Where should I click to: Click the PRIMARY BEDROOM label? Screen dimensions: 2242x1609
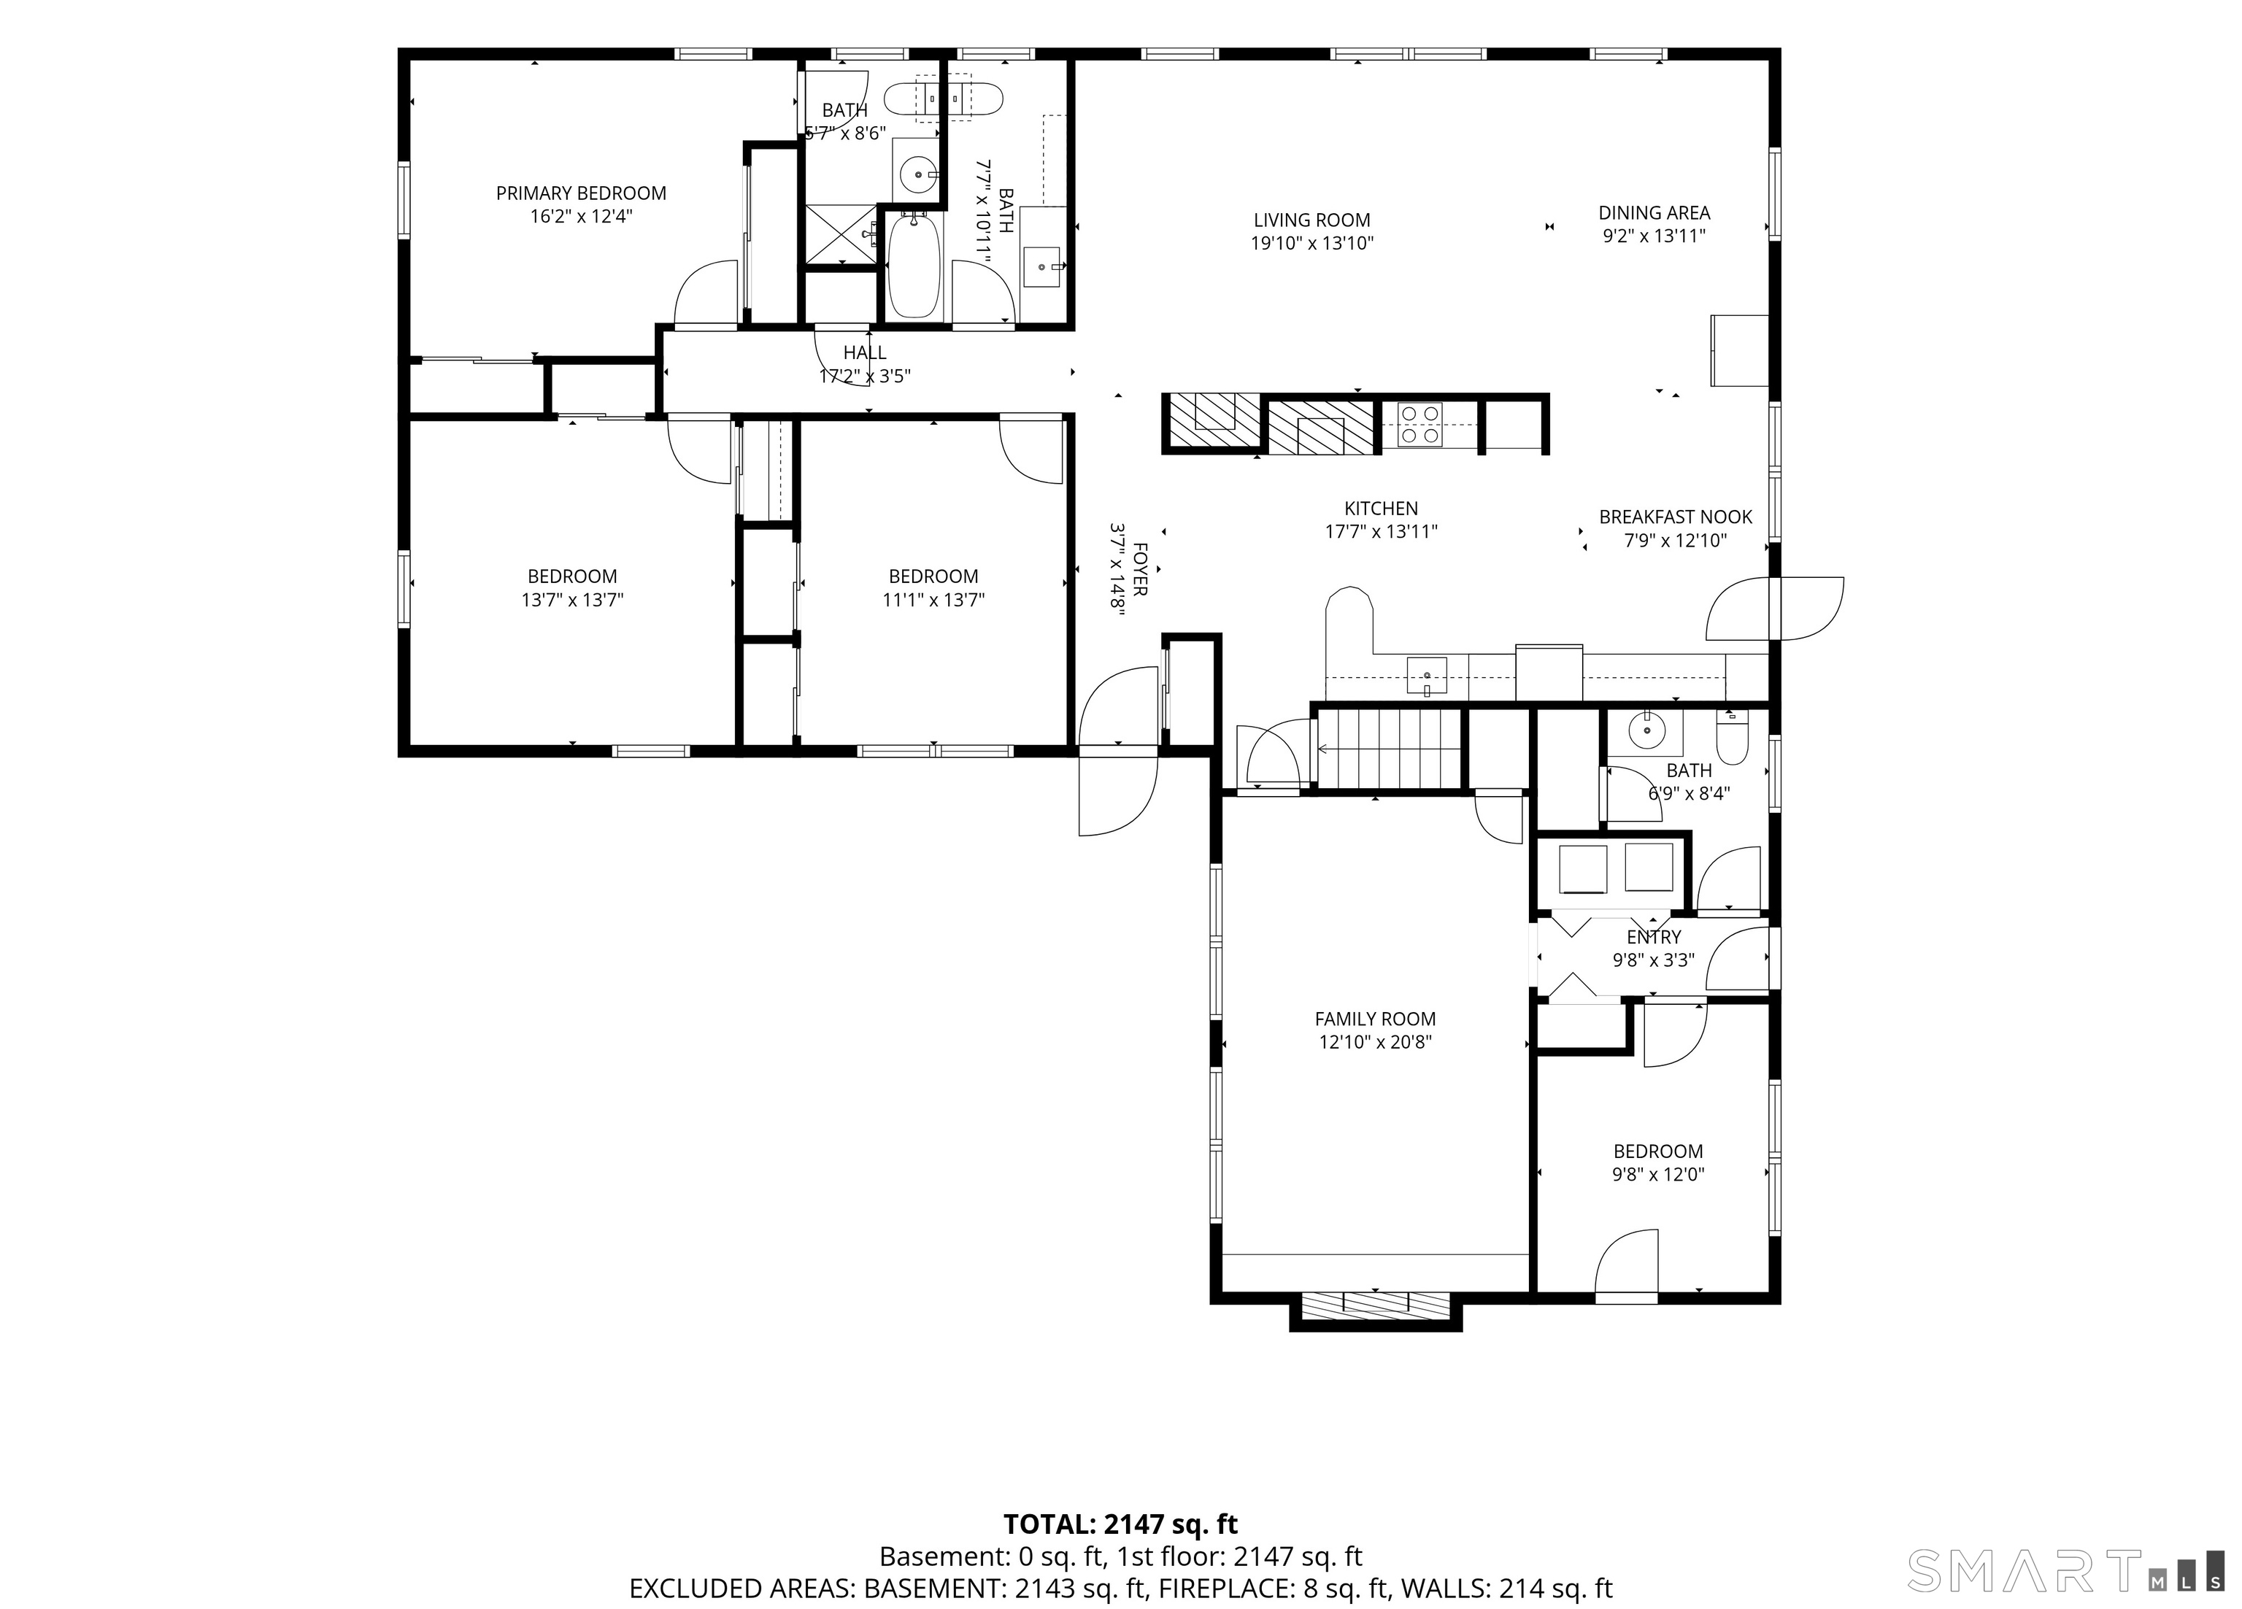click(x=581, y=193)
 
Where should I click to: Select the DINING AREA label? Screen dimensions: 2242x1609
click(x=1654, y=212)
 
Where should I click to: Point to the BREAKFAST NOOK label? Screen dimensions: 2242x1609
click(x=1676, y=517)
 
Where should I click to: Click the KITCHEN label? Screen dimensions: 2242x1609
click(x=1381, y=509)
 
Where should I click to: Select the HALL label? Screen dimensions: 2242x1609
click(x=865, y=353)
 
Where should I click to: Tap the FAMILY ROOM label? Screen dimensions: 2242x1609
click(x=1375, y=1019)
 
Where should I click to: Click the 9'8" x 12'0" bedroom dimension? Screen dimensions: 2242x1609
click(x=1657, y=1175)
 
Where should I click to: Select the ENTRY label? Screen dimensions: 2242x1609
click(x=1654, y=937)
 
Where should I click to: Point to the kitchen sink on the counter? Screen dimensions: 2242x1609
click(x=1427, y=676)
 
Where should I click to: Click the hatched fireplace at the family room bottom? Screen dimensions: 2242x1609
click(x=1375, y=1305)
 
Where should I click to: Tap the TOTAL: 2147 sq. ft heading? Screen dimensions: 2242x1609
click(x=1120, y=1524)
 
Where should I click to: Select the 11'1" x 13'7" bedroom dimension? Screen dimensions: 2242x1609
click(x=933, y=600)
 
